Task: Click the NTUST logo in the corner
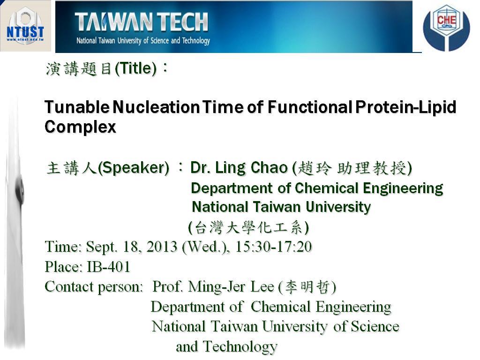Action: coord(25,26)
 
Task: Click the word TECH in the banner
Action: coord(184,22)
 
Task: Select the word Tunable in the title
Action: coord(77,107)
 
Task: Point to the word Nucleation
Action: coord(156,107)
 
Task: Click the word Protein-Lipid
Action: coord(406,108)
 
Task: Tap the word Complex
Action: coord(80,127)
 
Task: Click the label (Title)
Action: coord(136,68)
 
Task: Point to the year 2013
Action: coord(162,247)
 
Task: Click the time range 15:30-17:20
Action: coord(273,247)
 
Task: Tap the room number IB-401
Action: coord(109,267)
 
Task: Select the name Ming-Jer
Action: coord(217,287)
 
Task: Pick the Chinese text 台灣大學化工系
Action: coord(248,227)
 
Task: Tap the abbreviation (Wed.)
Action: coord(206,247)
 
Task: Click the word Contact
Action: coord(69,287)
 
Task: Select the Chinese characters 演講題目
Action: coord(79,68)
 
